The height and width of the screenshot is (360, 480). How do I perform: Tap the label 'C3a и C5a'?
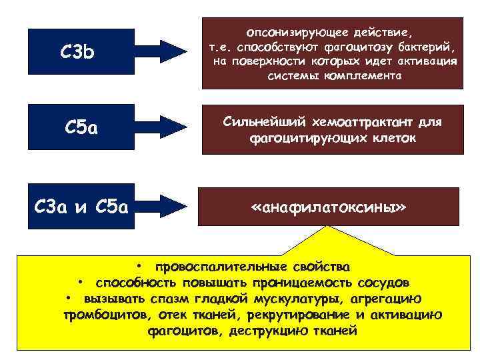pos(80,207)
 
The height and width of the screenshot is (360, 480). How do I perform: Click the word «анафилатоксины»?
pos(329,207)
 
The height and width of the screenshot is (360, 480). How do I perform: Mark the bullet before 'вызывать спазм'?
pos(69,298)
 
